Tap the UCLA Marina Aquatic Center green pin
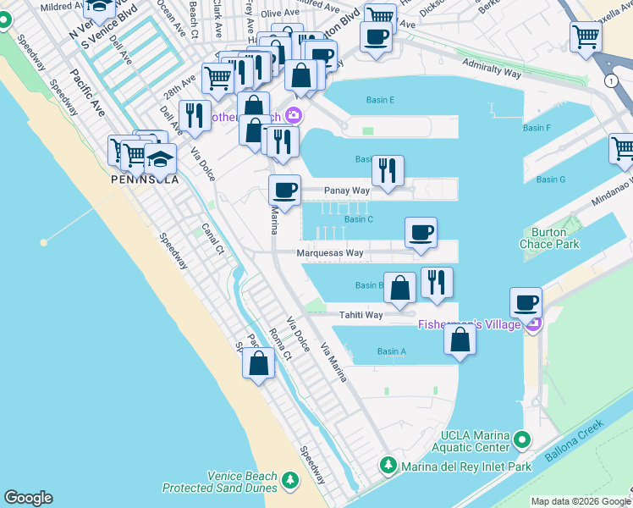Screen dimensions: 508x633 (x=522, y=439)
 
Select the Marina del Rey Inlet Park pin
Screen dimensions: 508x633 (x=388, y=465)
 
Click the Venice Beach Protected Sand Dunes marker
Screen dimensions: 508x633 (x=291, y=481)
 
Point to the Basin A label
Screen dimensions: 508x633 (x=392, y=351)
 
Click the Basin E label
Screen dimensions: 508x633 (x=380, y=100)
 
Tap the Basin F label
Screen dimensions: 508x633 (x=537, y=128)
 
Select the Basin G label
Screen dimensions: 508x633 (x=550, y=179)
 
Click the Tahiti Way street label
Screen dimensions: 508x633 (x=361, y=315)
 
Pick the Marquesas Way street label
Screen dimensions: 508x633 (x=330, y=252)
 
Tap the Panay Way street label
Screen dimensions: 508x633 (x=349, y=191)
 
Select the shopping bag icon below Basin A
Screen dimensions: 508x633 (x=460, y=340)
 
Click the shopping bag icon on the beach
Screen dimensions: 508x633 (x=259, y=363)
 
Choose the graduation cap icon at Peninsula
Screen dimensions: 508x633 (x=160, y=158)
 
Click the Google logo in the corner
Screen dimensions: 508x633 (x=28, y=498)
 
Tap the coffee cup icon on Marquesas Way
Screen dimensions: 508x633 (x=421, y=232)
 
